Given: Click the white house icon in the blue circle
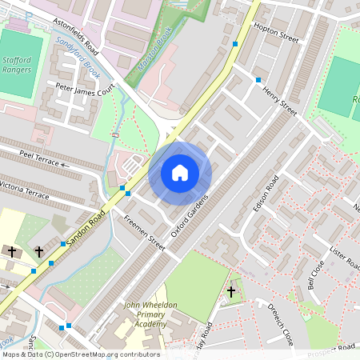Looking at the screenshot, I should [x=180, y=173].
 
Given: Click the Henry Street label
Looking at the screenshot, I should [x=279, y=102].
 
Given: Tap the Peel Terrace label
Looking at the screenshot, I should [x=41, y=162].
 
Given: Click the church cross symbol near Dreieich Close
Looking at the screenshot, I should [x=231, y=293].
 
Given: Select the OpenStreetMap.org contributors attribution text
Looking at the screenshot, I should [x=104, y=354].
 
